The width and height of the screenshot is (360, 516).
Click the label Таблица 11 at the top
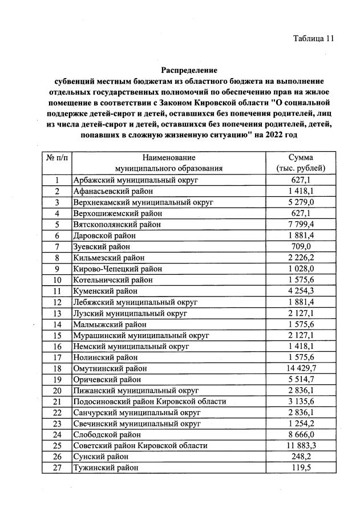313,39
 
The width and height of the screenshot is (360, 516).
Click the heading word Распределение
189,71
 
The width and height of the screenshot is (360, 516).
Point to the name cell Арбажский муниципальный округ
135,180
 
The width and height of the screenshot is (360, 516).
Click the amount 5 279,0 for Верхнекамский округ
300,202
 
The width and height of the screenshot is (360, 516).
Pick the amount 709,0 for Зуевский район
300,247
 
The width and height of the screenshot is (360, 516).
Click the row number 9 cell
56,269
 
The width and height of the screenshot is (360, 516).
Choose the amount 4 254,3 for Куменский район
300,291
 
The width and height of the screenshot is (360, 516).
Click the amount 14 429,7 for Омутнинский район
300,368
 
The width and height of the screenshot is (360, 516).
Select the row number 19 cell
56,379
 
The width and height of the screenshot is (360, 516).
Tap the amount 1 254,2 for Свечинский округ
300,424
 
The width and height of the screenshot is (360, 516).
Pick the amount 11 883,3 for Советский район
300,445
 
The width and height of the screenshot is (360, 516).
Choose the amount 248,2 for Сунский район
300,457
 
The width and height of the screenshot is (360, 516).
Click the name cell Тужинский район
106,468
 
